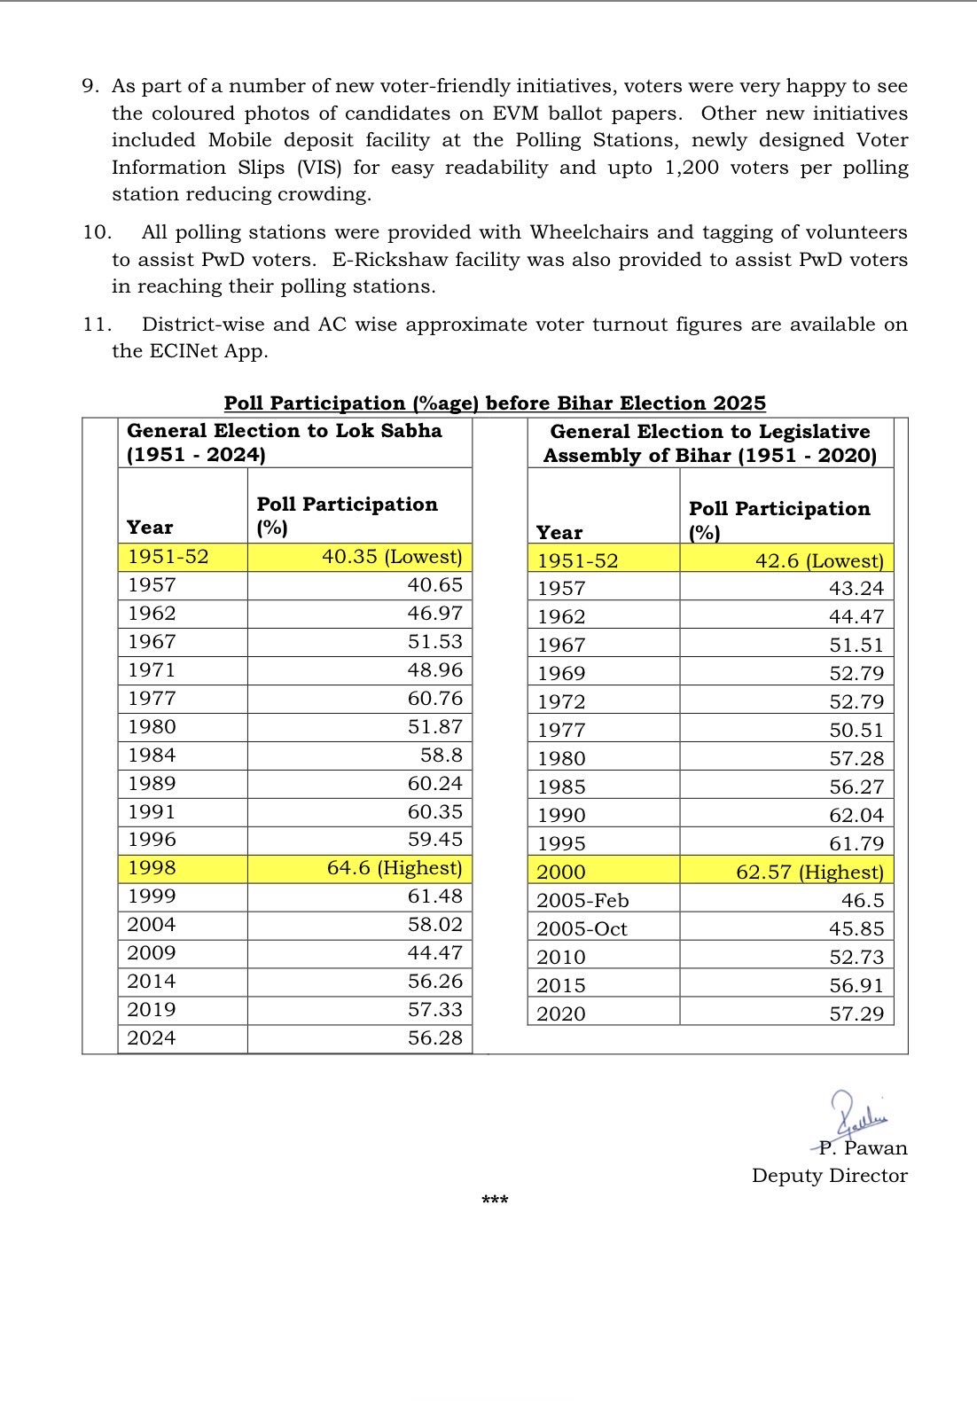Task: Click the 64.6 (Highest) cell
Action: [394, 868]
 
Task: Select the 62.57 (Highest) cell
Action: [809, 873]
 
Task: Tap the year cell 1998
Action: [152, 868]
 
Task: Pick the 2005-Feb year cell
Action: [582, 901]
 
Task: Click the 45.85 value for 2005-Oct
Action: [856, 929]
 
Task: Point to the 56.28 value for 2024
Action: [434, 1038]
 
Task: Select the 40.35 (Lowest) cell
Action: [391, 557]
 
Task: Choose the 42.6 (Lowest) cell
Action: [819, 561]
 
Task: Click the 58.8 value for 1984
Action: [442, 755]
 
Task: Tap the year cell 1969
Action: [561, 674]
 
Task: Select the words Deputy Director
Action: [829, 1176]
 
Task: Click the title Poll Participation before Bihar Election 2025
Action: [494, 403]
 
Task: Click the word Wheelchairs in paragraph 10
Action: [590, 232]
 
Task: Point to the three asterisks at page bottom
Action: [495, 1201]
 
